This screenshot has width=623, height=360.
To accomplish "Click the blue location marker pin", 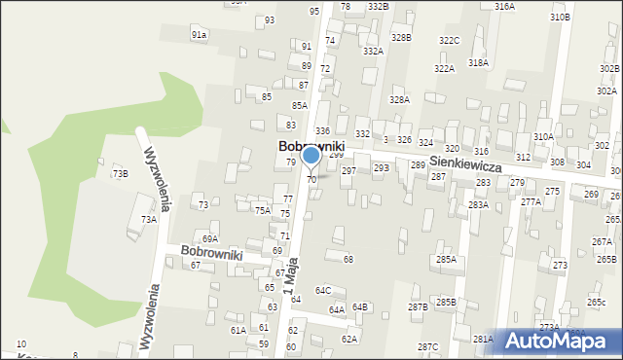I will pos(311,157).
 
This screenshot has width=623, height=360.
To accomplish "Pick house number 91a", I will pos(199,34).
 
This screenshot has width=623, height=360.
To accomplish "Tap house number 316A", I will pos(504,7).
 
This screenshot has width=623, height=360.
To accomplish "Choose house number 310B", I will pos(560,18).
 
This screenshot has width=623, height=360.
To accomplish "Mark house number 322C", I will pos(449,40).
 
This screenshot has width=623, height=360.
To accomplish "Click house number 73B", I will pos(120,173).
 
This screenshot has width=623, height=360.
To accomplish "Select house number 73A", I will pos(148,220).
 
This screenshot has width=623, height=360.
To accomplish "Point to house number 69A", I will pos(209,238).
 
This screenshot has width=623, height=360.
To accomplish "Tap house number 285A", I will pos(446,260).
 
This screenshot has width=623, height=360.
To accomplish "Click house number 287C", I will pos(427,347).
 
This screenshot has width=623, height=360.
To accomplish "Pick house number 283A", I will pos(478,205).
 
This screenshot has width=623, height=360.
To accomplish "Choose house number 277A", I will pos(531,201).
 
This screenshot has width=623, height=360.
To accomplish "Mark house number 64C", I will pos(322,290).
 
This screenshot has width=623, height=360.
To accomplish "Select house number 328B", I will pos(401,37).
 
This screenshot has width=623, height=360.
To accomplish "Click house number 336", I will pos(322,130).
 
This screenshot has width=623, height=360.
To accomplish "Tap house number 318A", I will pos(478,62).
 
